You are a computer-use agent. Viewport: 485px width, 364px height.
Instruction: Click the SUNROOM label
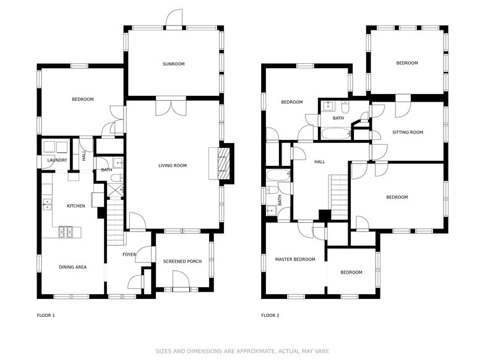[173, 64]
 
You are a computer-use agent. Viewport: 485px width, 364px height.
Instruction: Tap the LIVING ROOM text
[172, 165]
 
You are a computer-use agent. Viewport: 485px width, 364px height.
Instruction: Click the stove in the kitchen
[66, 232]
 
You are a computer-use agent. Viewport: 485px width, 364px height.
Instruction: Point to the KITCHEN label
[76, 206]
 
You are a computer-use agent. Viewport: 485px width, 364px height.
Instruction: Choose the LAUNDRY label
[57, 160]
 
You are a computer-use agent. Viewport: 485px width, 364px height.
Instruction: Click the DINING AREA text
[72, 267]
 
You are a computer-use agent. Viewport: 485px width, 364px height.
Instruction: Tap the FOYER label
[129, 254]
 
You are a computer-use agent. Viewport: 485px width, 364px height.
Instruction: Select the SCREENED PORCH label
[182, 261]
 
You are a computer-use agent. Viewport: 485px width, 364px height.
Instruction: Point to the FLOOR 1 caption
[46, 315]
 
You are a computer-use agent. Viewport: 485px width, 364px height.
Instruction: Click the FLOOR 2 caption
[270, 315]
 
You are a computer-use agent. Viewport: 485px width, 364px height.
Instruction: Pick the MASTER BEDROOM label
[295, 259]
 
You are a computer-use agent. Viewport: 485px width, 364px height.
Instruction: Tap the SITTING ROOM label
[408, 132]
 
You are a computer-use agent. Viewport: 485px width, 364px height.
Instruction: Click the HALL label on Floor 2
[319, 162]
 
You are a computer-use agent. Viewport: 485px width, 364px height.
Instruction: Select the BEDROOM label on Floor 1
[82, 99]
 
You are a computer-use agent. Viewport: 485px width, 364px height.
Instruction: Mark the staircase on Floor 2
[339, 197]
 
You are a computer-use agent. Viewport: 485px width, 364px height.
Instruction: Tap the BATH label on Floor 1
[106, 170]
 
